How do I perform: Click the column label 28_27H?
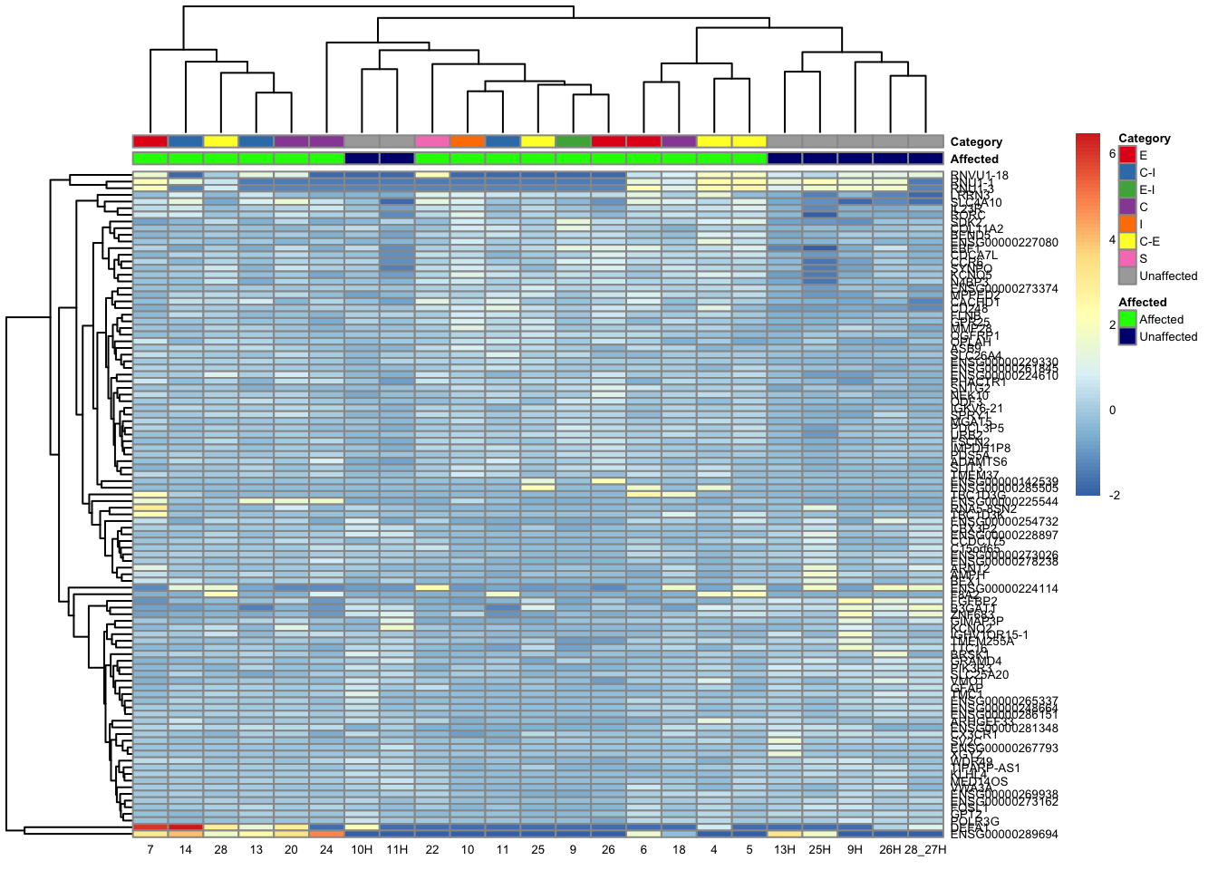point(925,850)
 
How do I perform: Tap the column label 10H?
point(362,850)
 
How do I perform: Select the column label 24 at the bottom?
point(326,850)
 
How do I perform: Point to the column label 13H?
point(785,850)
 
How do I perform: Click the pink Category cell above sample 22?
point(432,141)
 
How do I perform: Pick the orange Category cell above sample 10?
point(468,141)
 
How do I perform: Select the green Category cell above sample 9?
point(573,141)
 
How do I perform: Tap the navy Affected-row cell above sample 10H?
point(362,159)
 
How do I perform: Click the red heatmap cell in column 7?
point(150,826)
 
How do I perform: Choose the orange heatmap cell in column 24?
point(326,834)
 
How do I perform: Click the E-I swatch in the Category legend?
point(1127,190)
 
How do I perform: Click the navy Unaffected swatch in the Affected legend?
point(1127,337)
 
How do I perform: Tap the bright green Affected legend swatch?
point(1127,320)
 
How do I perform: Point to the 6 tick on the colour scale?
point(1113,154)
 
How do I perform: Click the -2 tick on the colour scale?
point(1115,495)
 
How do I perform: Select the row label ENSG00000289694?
point(1004,835)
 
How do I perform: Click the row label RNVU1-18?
point(979,176)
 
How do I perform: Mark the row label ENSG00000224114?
point(1004,588)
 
